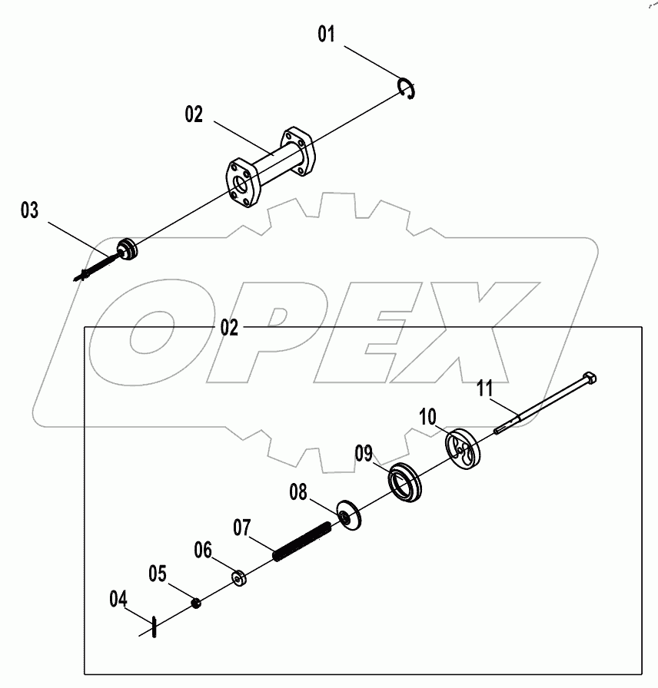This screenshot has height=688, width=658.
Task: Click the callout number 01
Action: click(x=327, y=35)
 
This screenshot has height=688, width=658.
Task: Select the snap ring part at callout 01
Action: click(x=407, y=88)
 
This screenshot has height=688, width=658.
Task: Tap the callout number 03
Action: click(x=29, y=211)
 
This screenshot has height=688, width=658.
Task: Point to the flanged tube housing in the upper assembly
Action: click(x=269, y=164)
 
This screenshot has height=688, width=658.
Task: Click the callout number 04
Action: click(x=118, y=598)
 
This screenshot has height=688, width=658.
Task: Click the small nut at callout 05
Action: click(x=196, y=604)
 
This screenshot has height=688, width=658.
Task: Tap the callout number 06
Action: click(x=202, y=550)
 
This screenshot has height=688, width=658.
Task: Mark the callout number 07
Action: click(x=242, y=528)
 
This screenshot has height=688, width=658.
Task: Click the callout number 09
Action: click(x=364, y=453)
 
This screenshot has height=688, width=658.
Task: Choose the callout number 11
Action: click(x=484, y=388)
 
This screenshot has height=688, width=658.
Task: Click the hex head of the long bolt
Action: click(x=590, y=378)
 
